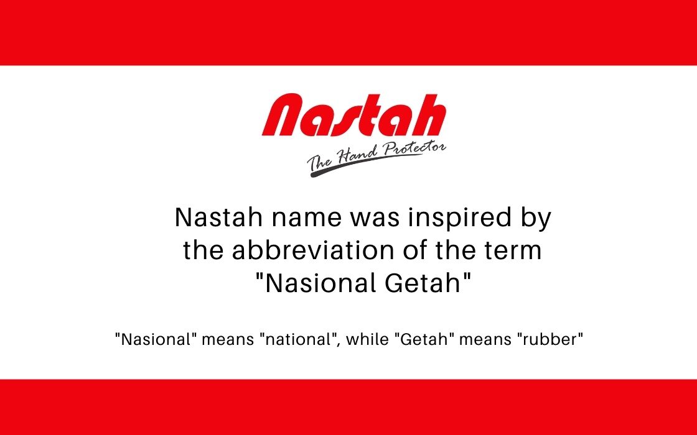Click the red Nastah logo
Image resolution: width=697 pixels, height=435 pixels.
(354, 115)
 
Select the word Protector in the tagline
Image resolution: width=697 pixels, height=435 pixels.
(414, 149)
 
